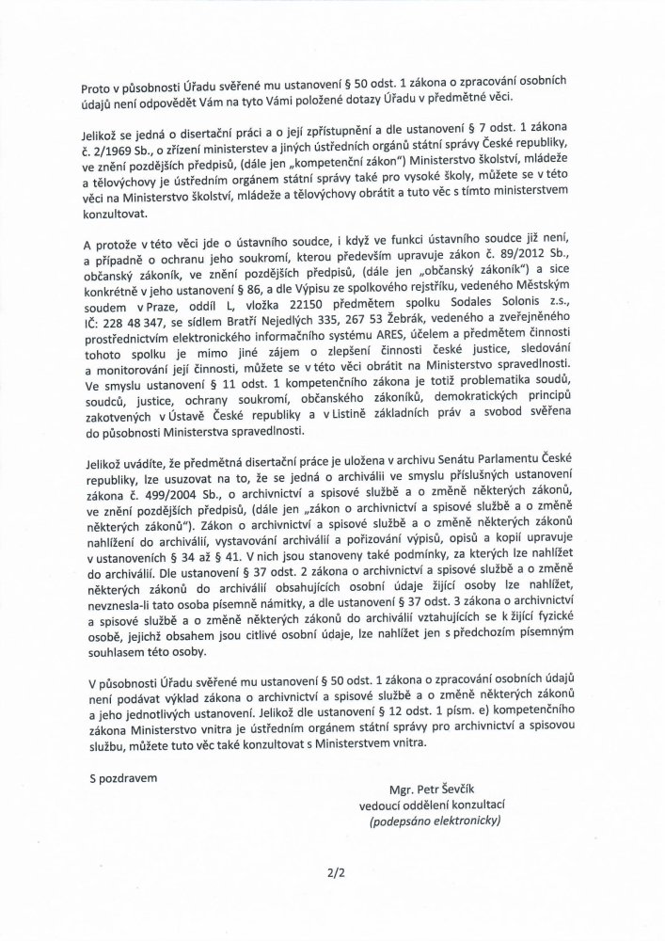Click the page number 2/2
coord(333,872)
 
